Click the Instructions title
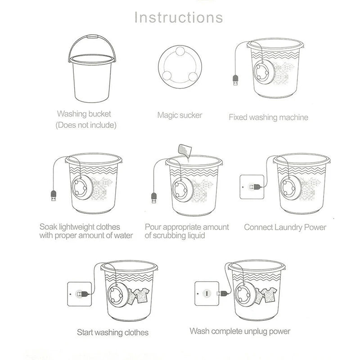(x=179, y=18)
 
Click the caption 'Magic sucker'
(x=180, y=115)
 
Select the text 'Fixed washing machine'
(x=269, y=117)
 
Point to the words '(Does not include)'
(x=86, y=125)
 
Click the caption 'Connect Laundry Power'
(x=285, y=227)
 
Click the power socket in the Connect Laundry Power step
(x=251, y=186)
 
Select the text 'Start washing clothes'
(x=112, y=333)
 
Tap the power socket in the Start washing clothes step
(x=78, y=293)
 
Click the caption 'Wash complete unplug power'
(x=240, y=332)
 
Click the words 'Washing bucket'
(x=84, y=114)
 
